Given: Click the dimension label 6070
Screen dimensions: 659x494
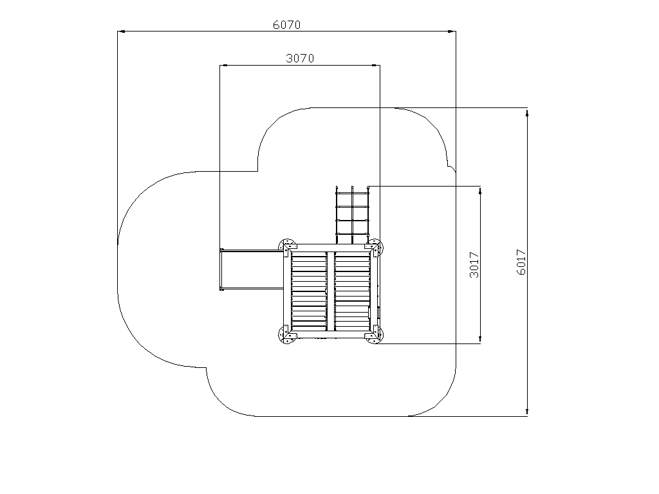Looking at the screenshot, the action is tap(286, 25).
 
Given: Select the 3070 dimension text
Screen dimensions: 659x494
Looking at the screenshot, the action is tap(300, 59).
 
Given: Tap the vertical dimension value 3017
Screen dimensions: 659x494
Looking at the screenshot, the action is tap(474, 264).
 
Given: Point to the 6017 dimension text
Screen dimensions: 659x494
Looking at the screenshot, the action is tap(521, 262).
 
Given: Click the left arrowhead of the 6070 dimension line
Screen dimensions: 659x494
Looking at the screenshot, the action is tap(122, 31).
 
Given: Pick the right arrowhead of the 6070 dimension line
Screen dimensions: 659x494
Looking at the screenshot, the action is tap(452, 31).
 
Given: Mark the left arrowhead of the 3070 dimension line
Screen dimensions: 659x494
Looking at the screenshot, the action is tap(223, 65).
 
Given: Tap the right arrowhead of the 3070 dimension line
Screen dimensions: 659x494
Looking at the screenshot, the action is tap(376, 65).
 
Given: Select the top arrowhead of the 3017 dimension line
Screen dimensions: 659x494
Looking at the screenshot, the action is tap(480, 190).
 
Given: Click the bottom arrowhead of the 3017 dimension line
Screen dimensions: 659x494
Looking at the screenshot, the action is tap(480, 340).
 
